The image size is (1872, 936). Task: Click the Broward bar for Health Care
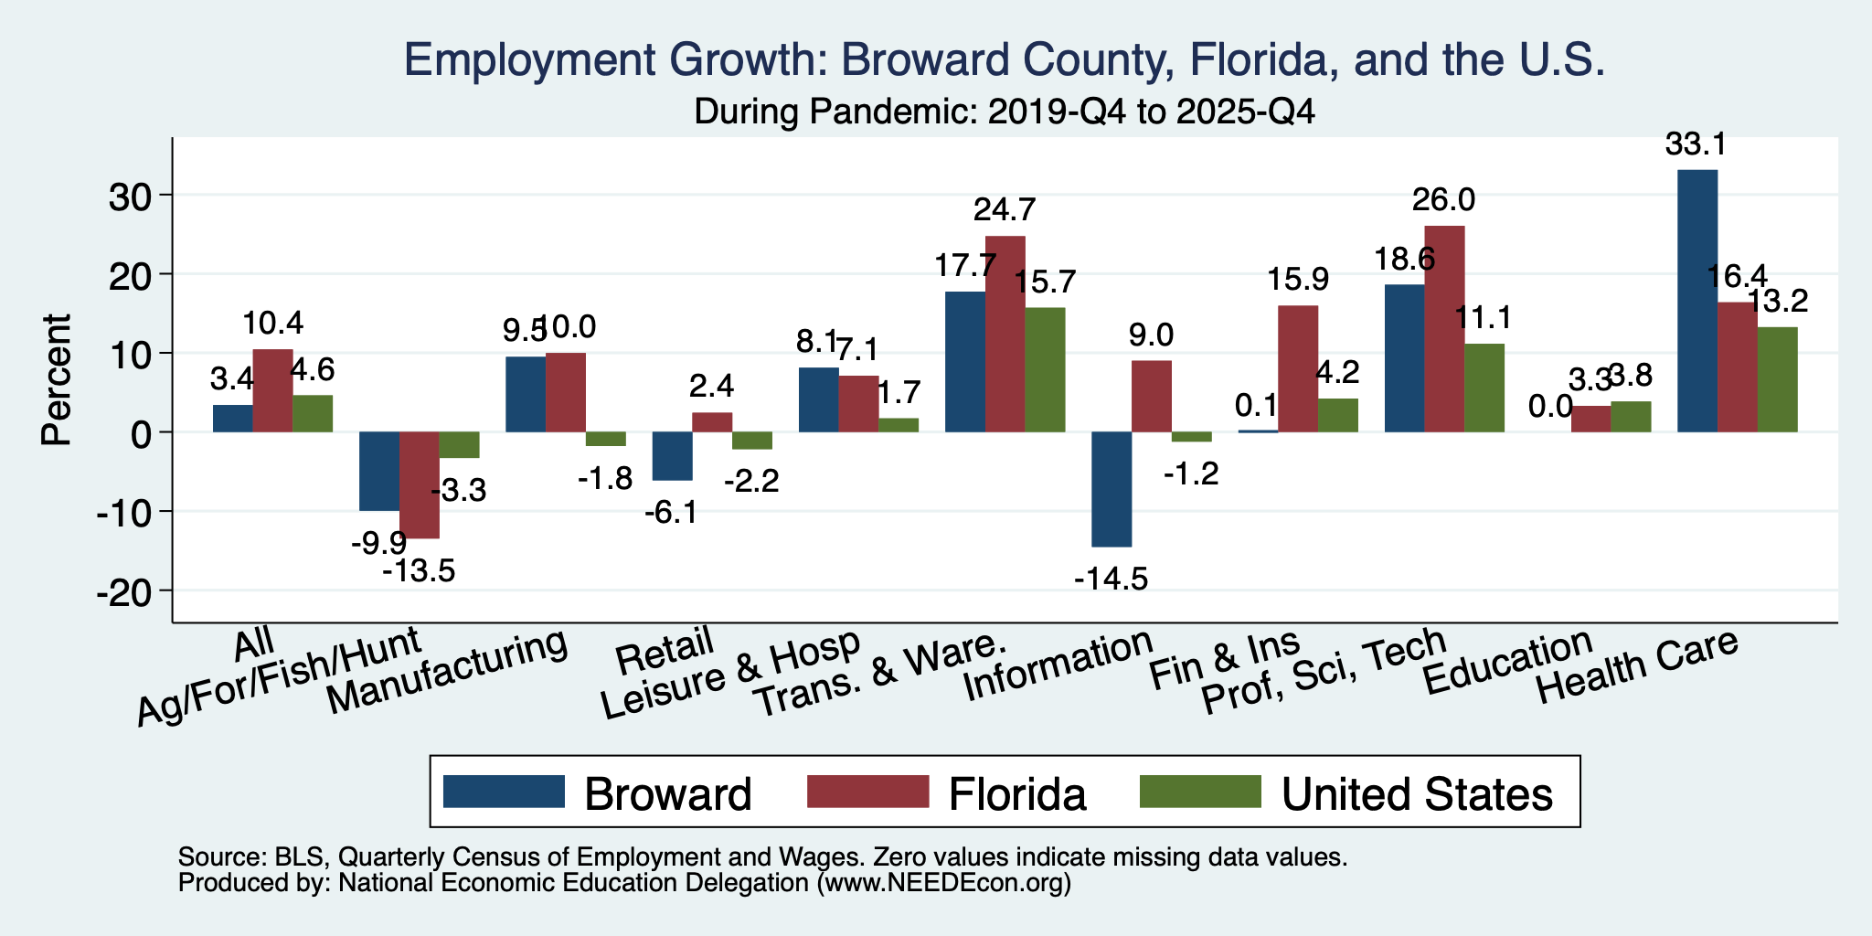click(x=1697, y=301)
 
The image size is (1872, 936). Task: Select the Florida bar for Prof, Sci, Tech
click(x=1444, y=329)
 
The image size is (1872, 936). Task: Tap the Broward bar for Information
click(x=1111, y=489)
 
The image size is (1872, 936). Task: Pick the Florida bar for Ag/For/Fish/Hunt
click(x=420, y=485)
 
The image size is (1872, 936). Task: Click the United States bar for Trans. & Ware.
click(x=1045, y=369)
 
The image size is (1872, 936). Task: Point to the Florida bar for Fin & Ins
click(x=1298, y=368)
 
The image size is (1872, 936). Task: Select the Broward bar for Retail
click(x=673, y=456)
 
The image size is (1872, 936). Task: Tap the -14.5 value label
click(x=1111, y=579)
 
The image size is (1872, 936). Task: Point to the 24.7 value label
click(x=1005, y=210)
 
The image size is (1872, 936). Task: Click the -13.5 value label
click(x=419, y=572)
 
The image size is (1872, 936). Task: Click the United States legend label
click(x=1417, y=794)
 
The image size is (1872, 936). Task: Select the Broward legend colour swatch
click(x=504, y=792)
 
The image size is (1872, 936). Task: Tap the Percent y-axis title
click(x=57, y=379)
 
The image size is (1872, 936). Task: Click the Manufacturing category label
click(x=447, y=675)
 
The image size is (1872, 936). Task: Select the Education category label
click(x=1508, y=675)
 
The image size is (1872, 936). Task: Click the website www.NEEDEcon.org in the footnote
click(x=943, y=883)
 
